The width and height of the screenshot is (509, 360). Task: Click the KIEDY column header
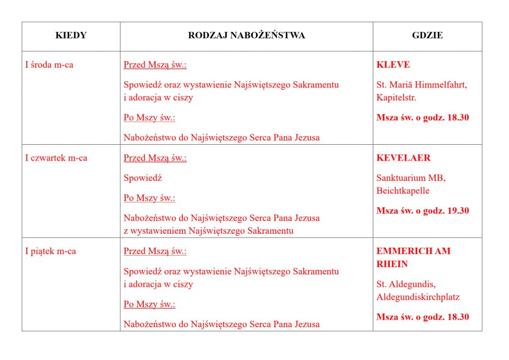click(71, 35)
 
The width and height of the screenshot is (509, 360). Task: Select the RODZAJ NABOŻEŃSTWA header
click(247, 35)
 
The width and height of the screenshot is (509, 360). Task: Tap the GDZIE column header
click(427, 35)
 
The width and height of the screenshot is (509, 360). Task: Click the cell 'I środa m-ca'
click(49, 65)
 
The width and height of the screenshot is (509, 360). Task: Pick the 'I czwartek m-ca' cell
click(56, 158)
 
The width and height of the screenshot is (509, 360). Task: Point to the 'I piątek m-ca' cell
click(51, 251)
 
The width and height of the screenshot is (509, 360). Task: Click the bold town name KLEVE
click(393, 65)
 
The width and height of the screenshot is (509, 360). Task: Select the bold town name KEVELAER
click(404, 158)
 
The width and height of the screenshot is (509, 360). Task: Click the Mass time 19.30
click(458, 210)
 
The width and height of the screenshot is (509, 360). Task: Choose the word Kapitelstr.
click(396, 97)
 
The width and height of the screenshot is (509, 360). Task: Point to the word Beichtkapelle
click(403, 190)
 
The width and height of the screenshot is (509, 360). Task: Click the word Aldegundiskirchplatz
click(418, 297)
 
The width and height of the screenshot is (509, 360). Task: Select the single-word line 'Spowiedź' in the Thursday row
click(143, 178)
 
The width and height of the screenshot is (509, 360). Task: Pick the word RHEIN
click(392, 264)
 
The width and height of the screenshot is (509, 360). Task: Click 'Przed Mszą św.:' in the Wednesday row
click(155, 65)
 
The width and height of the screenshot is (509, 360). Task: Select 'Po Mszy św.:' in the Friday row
click(150, 304)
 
